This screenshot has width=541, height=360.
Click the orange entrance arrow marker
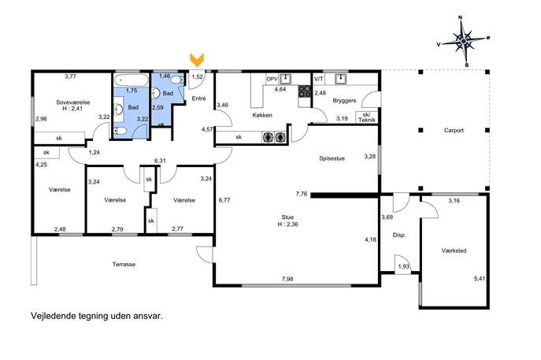coord(197,60)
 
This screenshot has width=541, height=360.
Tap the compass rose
coord(463,42)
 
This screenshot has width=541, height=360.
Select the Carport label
coord(454,131)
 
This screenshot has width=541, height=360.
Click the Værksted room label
coord(454,251)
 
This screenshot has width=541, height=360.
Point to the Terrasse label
coord(124,265)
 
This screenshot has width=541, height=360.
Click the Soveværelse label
coord(72,102)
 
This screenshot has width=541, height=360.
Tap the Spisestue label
coord(332,158)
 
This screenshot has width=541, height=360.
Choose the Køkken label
coord(262,115)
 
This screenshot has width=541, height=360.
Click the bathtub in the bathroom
coord(131,80)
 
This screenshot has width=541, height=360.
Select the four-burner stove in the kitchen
coord(305,91)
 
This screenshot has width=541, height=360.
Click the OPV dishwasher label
coord(272,79)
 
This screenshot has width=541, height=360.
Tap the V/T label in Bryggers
coord(319,79)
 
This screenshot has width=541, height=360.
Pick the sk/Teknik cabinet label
coord(367,117)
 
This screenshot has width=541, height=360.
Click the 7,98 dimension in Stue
coord(287,279)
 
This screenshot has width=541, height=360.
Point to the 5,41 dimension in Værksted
coord(480,279)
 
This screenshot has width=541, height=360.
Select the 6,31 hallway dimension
coord(160,161)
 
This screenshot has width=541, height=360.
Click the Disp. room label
coord(399,235)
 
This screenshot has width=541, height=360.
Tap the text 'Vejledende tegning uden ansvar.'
coord(97,316)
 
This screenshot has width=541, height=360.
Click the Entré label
coord(198,98)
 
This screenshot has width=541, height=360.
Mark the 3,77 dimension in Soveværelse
coord(70,76)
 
